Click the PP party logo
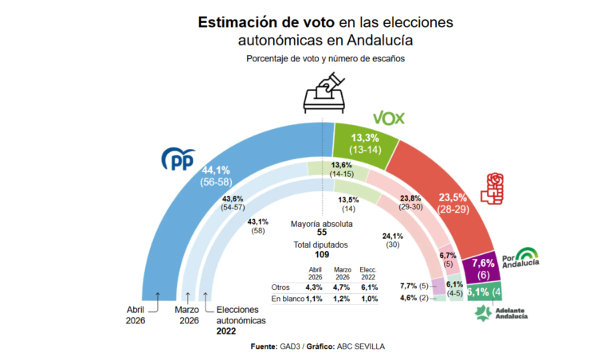[179, 159]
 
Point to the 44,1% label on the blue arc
[215, 170]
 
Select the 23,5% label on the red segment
[452, 198]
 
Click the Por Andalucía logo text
[520, 260]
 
